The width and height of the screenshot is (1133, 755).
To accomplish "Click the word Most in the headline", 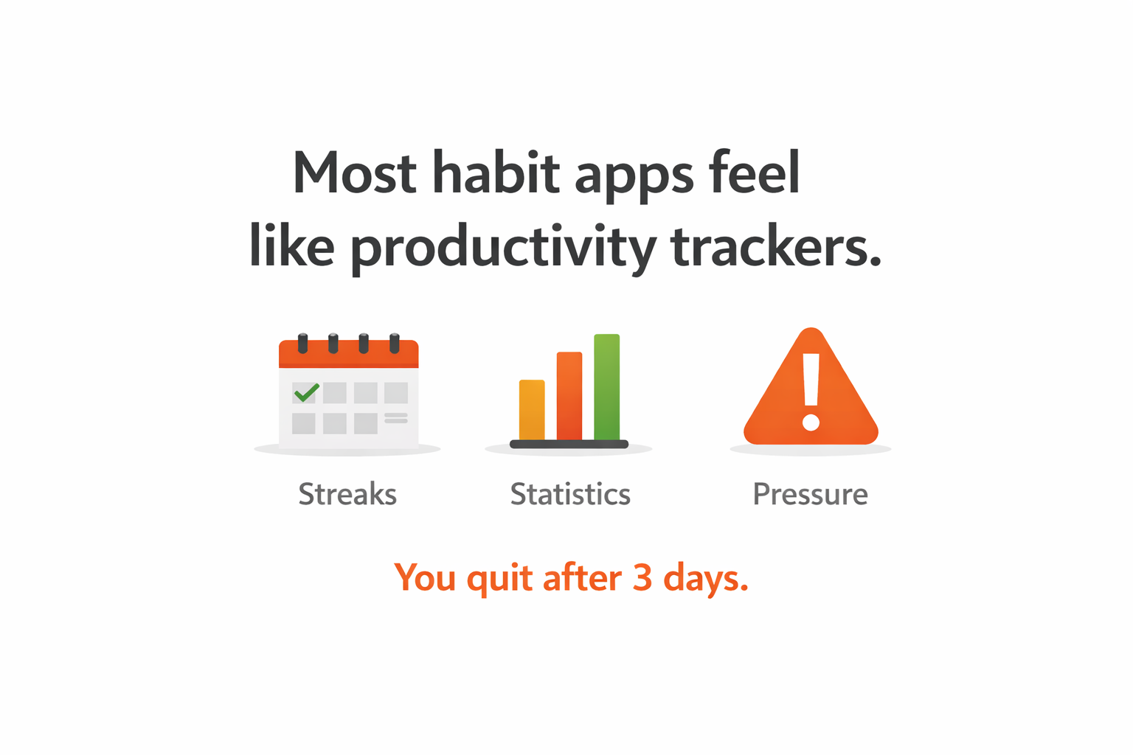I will pyautogui.click(x=355, y=173).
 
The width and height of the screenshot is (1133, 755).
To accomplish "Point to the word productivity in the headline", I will pyautogui.click(x=502, y=248).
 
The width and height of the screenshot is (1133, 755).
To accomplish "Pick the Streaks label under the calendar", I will pyautogui.click(x=347, y=494).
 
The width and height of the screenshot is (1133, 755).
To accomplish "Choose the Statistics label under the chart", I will pyautogui.click(x=570, y=494).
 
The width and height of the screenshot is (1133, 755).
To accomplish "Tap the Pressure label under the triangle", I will pyautogui.click(x=810, y=494).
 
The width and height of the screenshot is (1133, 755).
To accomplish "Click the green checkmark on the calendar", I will pyautogui.click(x=306, y=392).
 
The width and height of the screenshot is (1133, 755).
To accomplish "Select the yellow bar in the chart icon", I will pyautogui.click(x=532, y=410).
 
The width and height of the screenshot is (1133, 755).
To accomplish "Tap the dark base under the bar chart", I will pyautogui.click(x=569, y=444).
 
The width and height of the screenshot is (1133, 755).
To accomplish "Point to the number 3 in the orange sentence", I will pyautogui.click(x=642, y=577).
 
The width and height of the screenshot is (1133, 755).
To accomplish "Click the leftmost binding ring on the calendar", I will pyautogui.click(x=302, y=343).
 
